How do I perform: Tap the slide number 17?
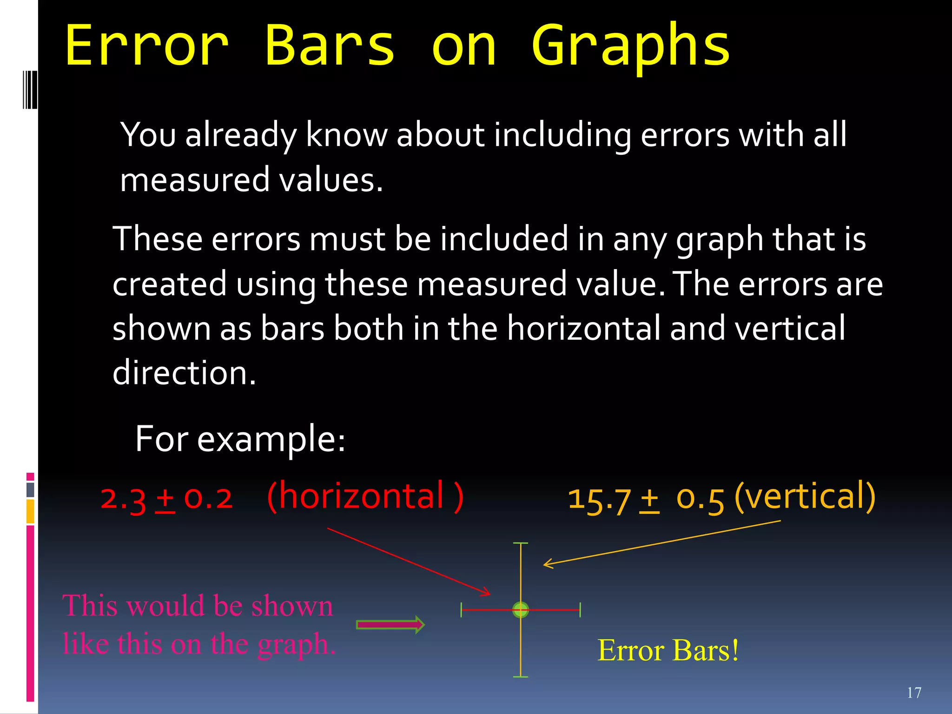pos(914,693)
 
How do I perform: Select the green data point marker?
pos(521,609)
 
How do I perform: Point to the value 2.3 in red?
pos(123,498)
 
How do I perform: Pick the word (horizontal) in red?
pos(365,496)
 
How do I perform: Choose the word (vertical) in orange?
pos(805,496)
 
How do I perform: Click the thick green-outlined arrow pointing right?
pos(390,625)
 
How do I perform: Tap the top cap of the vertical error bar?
pos(521,543)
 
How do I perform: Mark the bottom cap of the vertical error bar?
pos(521,677)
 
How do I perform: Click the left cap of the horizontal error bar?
pos(461,609)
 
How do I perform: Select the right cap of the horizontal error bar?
pos(580,609)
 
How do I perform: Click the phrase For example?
pos(240,439)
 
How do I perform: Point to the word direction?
pos(184,373)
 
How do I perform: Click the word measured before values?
pos(194,180)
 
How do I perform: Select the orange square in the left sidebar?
pos(30,511)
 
